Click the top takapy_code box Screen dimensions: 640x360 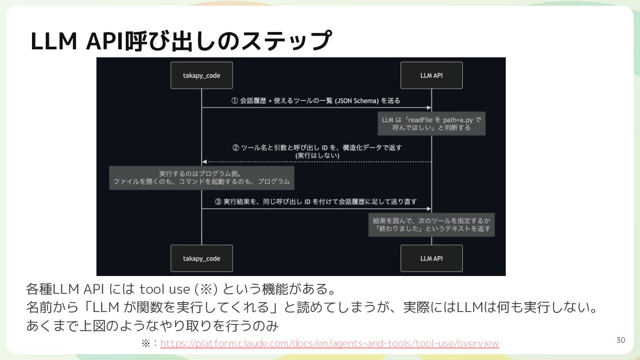tap(202, 76)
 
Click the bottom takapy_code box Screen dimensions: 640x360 tap(202, 258)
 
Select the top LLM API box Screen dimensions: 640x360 tap(432, 76)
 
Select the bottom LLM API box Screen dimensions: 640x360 tap(432, 258)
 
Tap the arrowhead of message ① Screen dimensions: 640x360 tap(429, 108)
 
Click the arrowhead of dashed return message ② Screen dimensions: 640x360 tap(204, 162)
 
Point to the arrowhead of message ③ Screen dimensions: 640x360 tap(429, 209)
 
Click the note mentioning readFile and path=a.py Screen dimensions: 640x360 tap(432, 124)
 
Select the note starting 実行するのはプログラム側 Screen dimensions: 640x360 tap(202, 178)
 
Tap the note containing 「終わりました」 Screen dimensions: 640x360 tap(432, 224)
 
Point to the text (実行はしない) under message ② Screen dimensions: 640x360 tap(317, 156)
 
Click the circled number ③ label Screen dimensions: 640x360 tap(218, 202)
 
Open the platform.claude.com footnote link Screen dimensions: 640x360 tap(330, 343)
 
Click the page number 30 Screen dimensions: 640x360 tap(620, 340)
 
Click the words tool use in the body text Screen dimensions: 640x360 tap(164, 289)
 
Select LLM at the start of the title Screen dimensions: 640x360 tap(54, 41)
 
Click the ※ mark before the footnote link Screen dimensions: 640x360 tap(146, 343)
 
